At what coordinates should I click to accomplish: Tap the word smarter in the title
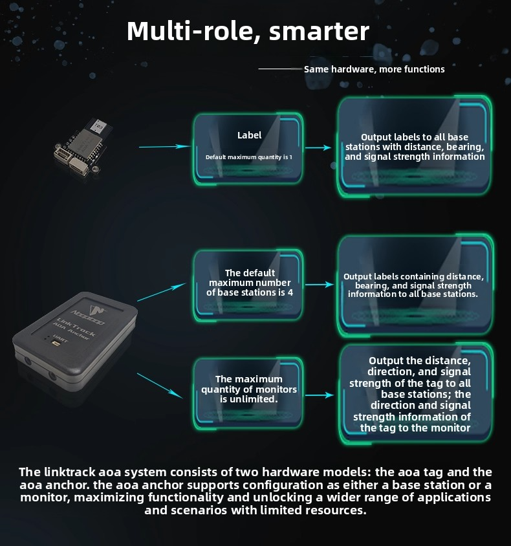pos(319,31)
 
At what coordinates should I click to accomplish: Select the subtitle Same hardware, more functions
pos(375,69)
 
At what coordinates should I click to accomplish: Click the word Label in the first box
pos(249,135)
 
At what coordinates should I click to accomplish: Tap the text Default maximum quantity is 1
pos(249,157)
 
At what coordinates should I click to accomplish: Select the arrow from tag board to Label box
pos(165,147)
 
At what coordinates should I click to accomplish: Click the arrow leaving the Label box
pos(318,147)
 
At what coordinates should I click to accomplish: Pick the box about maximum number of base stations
pos(248,285)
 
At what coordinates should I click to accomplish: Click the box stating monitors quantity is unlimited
pos(248,393)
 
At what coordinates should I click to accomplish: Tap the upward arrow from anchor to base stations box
pos(162,292)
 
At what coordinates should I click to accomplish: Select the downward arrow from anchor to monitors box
pos(160,386)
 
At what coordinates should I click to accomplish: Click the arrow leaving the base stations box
pos(320,285)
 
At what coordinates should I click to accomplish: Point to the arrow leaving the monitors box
pos(320,395)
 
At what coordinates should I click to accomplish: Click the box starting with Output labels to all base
pos(414,146)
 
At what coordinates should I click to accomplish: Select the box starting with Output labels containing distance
pos(415,285)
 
